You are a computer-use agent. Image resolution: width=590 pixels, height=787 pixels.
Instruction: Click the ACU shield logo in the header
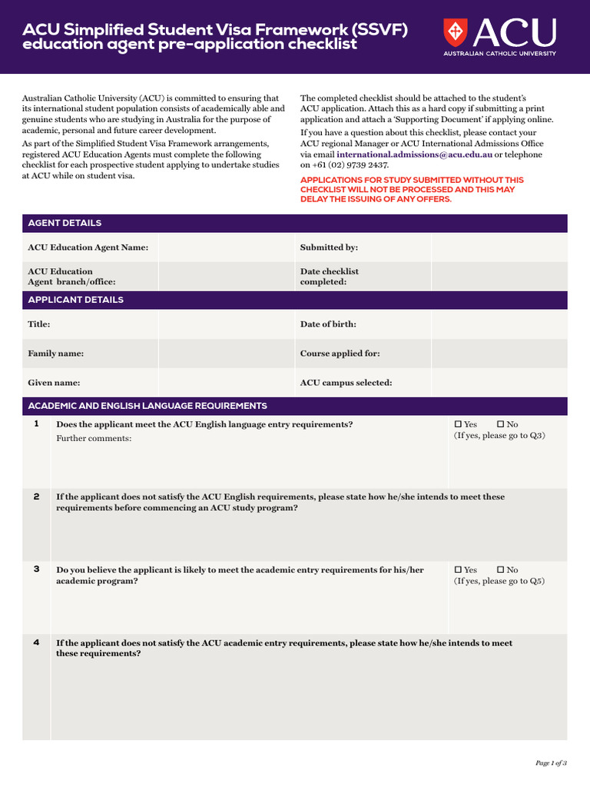455,32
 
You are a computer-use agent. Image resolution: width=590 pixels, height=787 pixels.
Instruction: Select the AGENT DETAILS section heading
65,224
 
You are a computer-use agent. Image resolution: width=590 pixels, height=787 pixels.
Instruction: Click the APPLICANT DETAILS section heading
75,300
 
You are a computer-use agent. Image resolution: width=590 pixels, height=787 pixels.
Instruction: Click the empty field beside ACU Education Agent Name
226,247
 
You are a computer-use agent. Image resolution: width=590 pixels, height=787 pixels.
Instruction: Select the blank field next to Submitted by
499,247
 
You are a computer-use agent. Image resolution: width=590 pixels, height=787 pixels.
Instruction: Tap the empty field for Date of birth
499,324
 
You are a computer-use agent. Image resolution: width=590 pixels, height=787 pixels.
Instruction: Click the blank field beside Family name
226,354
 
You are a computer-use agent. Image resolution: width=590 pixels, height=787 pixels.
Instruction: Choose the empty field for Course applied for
499,354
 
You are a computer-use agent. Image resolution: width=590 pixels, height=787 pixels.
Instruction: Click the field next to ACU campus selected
499,383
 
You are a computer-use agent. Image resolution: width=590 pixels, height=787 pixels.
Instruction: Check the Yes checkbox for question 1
459,424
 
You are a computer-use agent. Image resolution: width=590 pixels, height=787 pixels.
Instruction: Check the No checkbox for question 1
501,424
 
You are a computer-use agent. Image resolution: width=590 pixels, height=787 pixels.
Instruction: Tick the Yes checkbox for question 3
459,570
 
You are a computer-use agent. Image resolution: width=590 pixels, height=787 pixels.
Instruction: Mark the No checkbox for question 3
501,570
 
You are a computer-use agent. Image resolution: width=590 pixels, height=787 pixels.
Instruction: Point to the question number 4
37,643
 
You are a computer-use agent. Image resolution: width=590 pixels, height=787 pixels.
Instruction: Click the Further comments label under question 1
94,438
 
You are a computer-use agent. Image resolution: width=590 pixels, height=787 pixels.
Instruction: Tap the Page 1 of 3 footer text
551,763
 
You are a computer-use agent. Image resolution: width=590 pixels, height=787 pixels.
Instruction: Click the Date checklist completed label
329,277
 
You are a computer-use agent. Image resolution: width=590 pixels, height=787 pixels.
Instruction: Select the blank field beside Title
226,324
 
